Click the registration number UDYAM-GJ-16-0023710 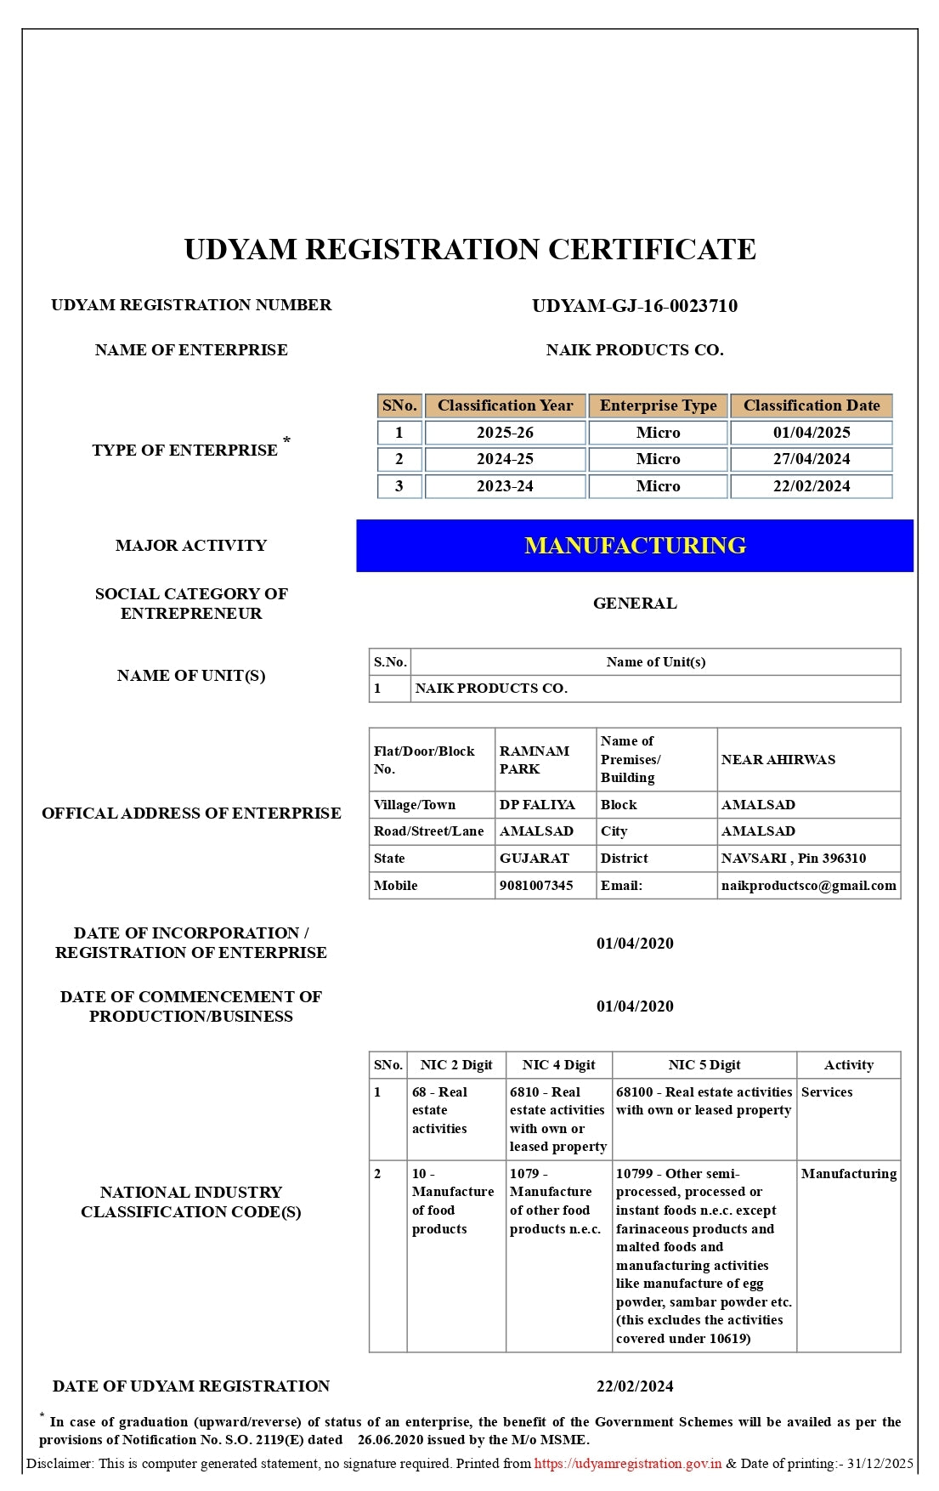pyautogui.click(x=634, y=306)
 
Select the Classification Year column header pyautogui.click(x=505, y=405)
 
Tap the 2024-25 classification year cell pyautogui.click(x=505, y=459)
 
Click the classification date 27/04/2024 pyautogui.click(x=811, y=459)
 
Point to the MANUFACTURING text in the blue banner pyautogui.click(x=635, y=546)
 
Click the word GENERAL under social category pyautogui.click(x=635, y=604)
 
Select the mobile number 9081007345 pyautogui.click(x=536, y=886)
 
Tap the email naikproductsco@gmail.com pyautogui.click(x=808, y=886)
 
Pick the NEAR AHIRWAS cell pyautogui.click(x=778, y=760)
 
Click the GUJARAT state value pyautogui.click(x=535, y=859)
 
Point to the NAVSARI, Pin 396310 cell pyautogui.click(x=793, y=859)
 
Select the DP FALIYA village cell pyautogui.click(x=537, y=805)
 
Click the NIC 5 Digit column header pyautogui.click(x=704, y=1065)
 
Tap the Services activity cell pyautogui.click(x=826, y=1092)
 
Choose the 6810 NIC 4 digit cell pyautogui.click(x=557, y=1120)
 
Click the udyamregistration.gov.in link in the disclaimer pyautogui.click(x=628, y=1464)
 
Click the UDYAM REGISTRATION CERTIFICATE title pyautogui.click(x=470, y=250)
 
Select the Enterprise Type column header pyautogui.click(x=658, y=405)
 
